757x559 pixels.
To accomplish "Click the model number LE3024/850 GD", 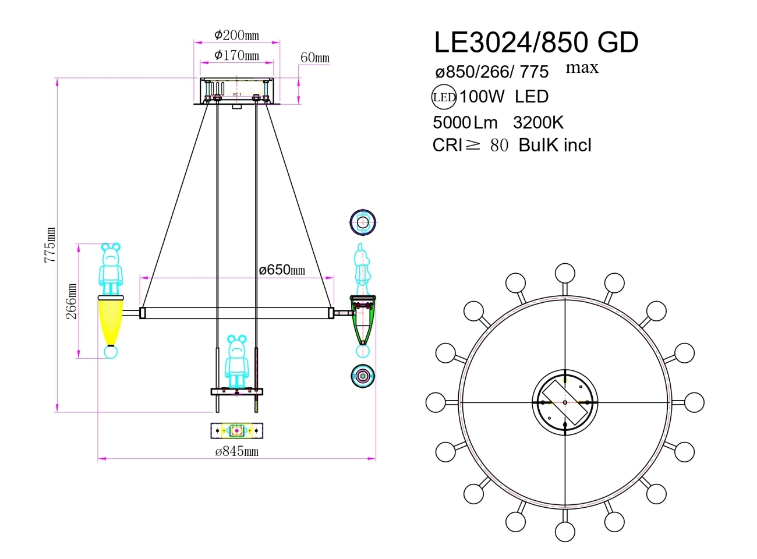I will coord(536,43).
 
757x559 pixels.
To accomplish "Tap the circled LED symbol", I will coord(444,97).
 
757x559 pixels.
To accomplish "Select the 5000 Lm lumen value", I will coord(465,122).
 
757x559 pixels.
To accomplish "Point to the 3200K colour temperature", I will coord(538,122).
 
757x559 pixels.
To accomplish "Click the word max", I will coord(582,68).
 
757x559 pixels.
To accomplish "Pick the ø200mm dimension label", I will coord(236,35).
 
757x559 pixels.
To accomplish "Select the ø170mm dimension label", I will coord(236,55).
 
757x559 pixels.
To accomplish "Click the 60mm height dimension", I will coord(315,58).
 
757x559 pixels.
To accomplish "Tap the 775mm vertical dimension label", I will coord(51,245).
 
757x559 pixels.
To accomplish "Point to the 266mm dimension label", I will coord(71,301).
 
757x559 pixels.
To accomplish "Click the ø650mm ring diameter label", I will coord(282,270).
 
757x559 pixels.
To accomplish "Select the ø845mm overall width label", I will coord(236,451).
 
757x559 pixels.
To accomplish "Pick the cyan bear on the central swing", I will coord(236,361).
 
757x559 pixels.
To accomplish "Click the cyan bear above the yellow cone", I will coord(111,269).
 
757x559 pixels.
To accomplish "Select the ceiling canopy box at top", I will coord(236,90).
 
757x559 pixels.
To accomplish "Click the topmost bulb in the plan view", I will coord(565,273).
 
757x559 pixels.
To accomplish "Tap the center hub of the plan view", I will coord(565,402).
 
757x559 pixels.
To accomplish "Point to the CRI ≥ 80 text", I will coord(470,145).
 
